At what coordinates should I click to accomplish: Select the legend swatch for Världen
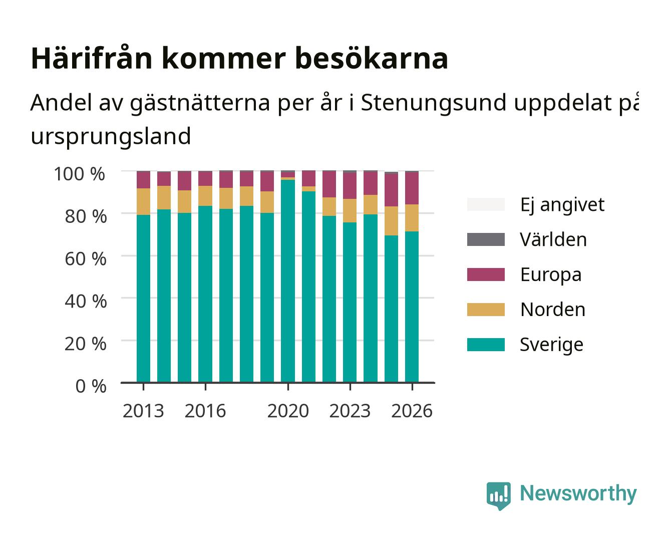tap(486, 239)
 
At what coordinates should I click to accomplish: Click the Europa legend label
tap(551, 275)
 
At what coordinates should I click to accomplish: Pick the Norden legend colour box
tap(486, 310)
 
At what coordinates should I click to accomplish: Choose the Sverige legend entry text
tap(551, 345)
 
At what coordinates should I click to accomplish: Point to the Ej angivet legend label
tap(562, 204)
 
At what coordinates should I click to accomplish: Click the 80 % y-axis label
tap(86, 216)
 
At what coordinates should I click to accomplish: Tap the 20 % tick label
tap(86, 344)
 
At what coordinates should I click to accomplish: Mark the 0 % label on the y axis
tap(91, 386)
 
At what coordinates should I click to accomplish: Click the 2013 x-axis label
tap(143, 411)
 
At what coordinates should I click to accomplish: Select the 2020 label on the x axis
tap(288, 411)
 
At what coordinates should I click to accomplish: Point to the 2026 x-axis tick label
tap(412, 411)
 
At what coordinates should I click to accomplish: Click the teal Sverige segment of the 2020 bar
tap(288, 281)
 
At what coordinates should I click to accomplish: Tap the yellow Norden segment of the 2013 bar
tap(143, 202)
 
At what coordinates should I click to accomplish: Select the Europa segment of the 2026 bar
tap(412, 188)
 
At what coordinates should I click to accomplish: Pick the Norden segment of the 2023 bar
tap(350, 211)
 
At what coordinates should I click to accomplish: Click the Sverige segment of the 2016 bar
tap(205, 294)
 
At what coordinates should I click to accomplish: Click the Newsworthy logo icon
tap(498, 496)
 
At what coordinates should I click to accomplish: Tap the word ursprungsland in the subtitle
tap(111, 137)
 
